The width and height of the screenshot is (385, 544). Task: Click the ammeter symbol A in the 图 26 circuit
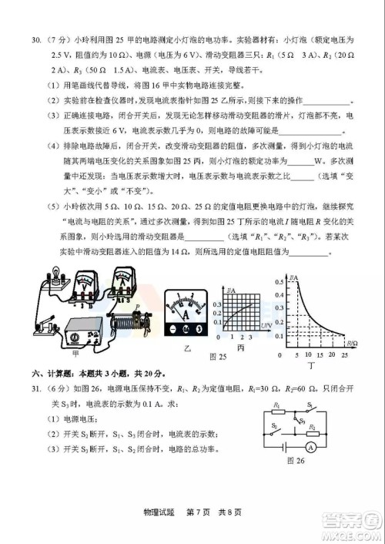coord(331,466)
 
